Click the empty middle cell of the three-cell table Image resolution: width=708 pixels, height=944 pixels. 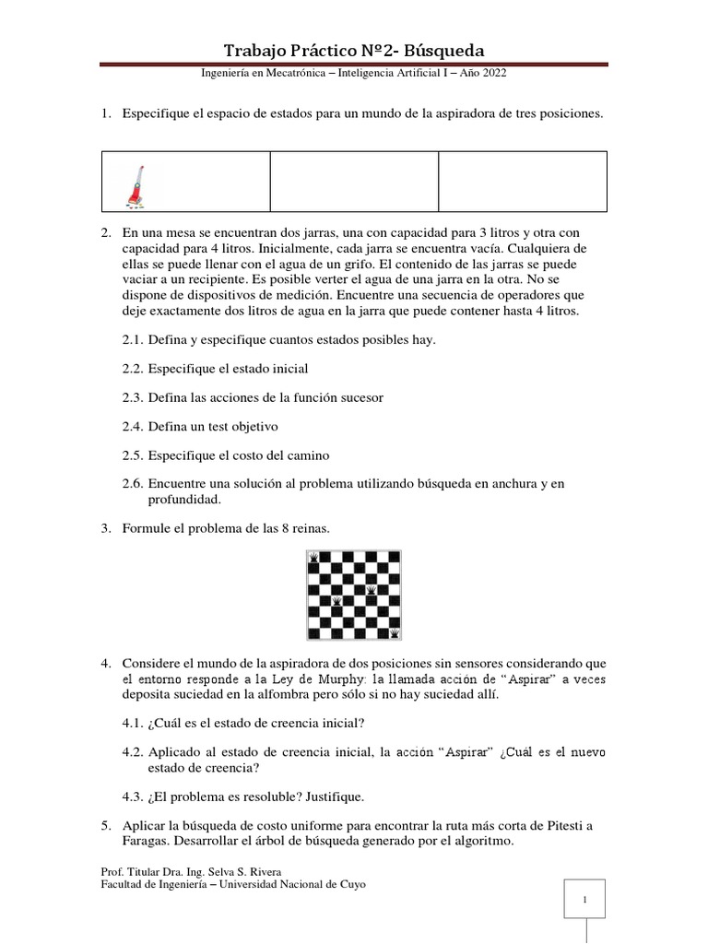pyautogui.click(x=353, y=182)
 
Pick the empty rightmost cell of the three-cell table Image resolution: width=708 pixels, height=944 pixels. pyautogui.click(x=522, y=182)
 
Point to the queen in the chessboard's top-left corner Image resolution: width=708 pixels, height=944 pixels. pyautogui.click(x=314, y=557)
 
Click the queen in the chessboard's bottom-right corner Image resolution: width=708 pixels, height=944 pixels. pyautogui.click(x=395, y=633)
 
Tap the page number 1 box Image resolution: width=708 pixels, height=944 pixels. pyautogui.click(x=584, y=900)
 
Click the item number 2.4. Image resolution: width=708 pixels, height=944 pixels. pyautogui.click(x=133, y=427)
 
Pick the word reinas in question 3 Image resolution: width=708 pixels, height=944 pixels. pyautogui.click(x=308, y=528)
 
